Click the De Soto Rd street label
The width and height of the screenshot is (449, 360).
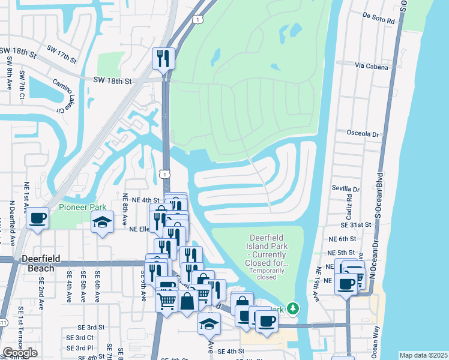click(x=379, y=20)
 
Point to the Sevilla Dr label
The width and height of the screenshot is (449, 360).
click(x=345, y=188)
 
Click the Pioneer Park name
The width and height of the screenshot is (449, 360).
click(x=83, y=208)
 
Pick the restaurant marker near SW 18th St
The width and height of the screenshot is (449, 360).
click(x=163, y=58)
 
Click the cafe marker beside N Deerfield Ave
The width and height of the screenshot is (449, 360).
click(x=38, y=217)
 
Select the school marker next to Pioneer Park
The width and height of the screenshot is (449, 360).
click(x=103, y=223)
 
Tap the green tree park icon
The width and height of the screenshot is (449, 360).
click(x=293, y=308)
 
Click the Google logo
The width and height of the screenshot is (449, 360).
click(x=20, y=352)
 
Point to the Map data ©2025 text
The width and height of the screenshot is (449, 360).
click(x=423, y=355)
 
